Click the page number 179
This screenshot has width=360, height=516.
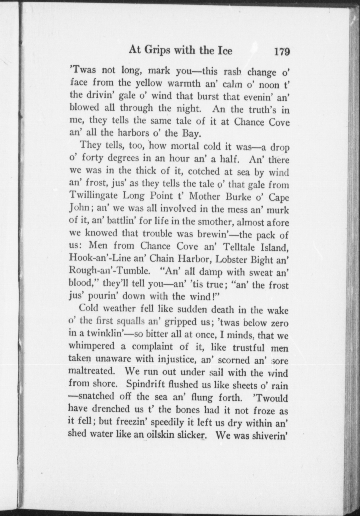[282, 51]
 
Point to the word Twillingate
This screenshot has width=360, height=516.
[94, 195]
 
